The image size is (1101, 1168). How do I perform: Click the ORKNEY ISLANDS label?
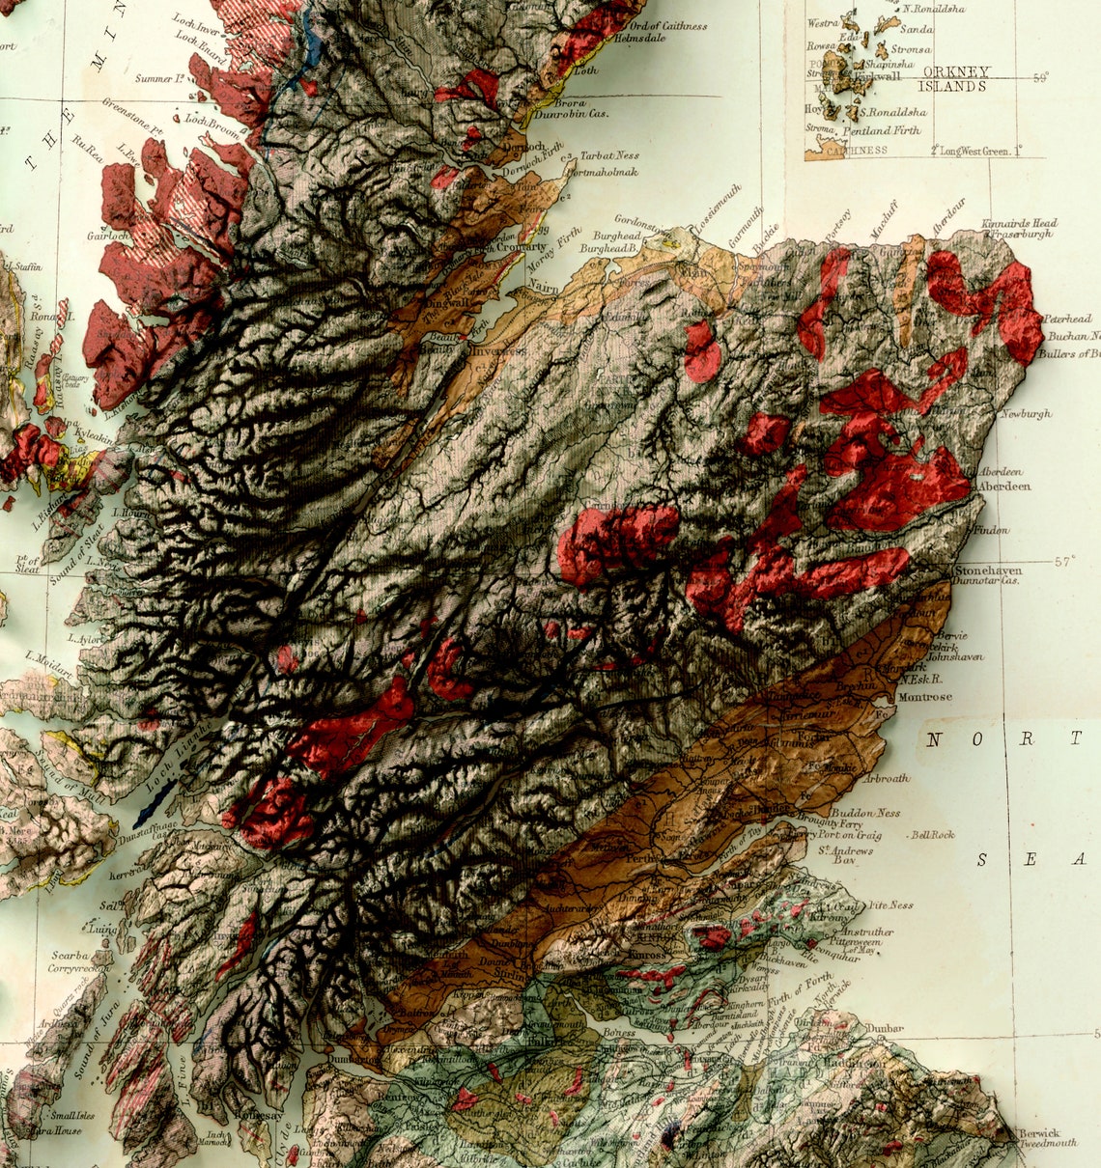click(955, 78)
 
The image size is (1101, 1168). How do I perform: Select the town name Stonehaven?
click(988, 570)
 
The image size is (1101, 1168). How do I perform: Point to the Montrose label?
click(924, 697)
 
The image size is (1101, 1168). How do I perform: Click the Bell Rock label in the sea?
click(932, 834)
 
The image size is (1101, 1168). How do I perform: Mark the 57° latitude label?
click(1063, 560)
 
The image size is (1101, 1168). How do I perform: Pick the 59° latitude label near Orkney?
click(1040, 78)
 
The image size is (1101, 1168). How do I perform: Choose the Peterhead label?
click(1066, 320)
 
